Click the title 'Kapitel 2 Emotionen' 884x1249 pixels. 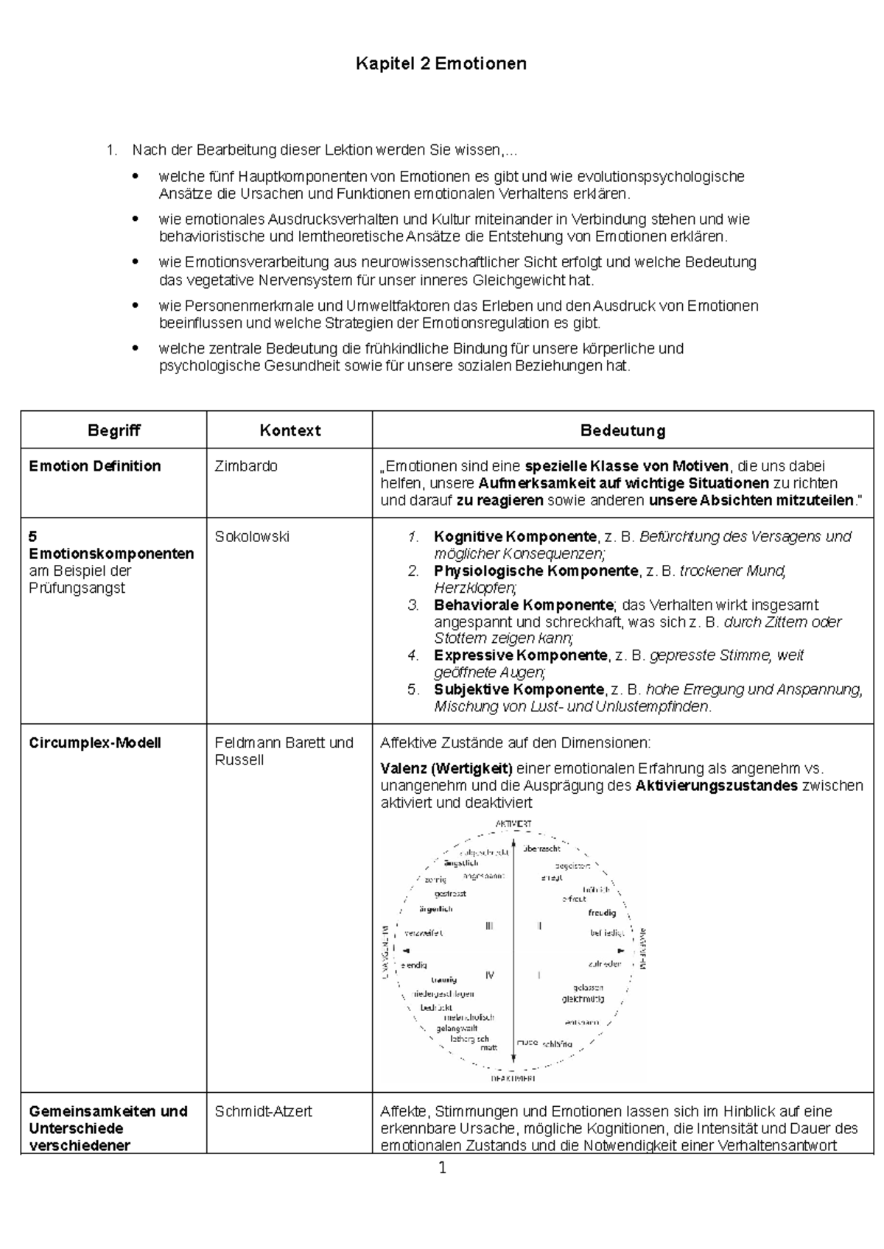coord(441,64)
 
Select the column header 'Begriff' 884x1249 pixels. coord(113,431)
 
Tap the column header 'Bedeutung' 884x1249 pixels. coord(622,431)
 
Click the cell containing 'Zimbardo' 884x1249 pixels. coord(246,466)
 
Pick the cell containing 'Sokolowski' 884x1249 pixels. coord(252,537)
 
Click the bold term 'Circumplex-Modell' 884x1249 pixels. coord(95,743)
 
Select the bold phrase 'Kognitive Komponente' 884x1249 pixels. coord(515,537)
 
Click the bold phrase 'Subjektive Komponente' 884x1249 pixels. coord(519,690)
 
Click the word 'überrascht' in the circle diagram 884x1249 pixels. coord(541,848)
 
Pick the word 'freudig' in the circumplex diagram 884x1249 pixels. coord(602,912)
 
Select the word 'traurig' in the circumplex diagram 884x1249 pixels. coord(443,979)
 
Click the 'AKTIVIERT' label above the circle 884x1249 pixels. coord(513,823)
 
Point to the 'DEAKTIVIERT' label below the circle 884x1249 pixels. coord(513,1078)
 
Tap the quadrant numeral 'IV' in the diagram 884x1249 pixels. coord(489,975)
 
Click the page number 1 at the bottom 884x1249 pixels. coord(442,1168)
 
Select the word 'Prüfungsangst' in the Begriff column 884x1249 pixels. coord(77,588)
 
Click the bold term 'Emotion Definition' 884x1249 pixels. coord(95,466)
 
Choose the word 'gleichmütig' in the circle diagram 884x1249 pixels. coord(583,999)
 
